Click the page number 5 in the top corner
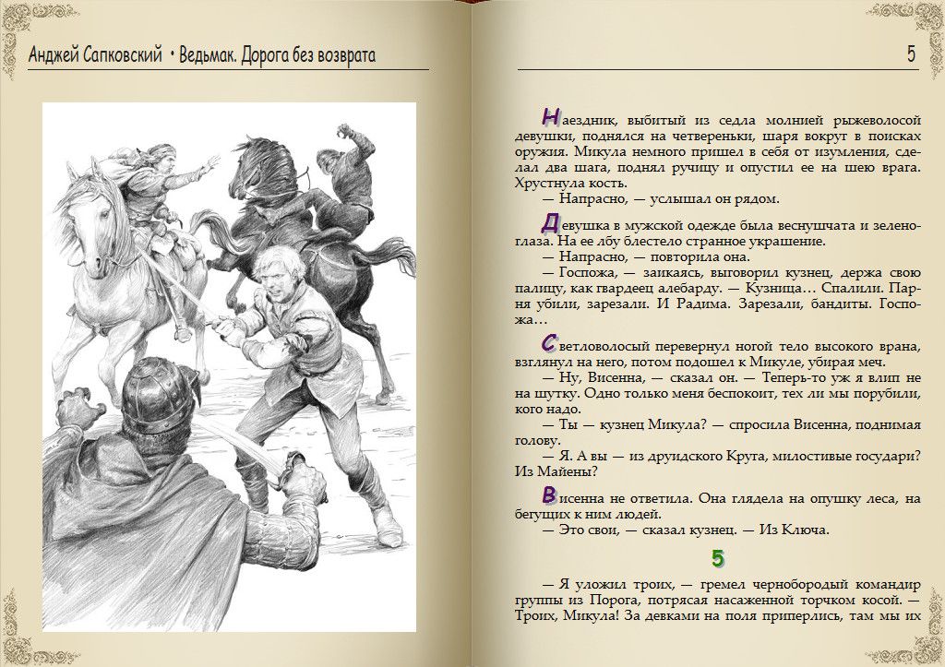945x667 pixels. tap(911, 54)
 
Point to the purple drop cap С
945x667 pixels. tap(550, 342)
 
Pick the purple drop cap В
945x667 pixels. tap(550, 494)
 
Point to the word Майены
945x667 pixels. tap(568, 471)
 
